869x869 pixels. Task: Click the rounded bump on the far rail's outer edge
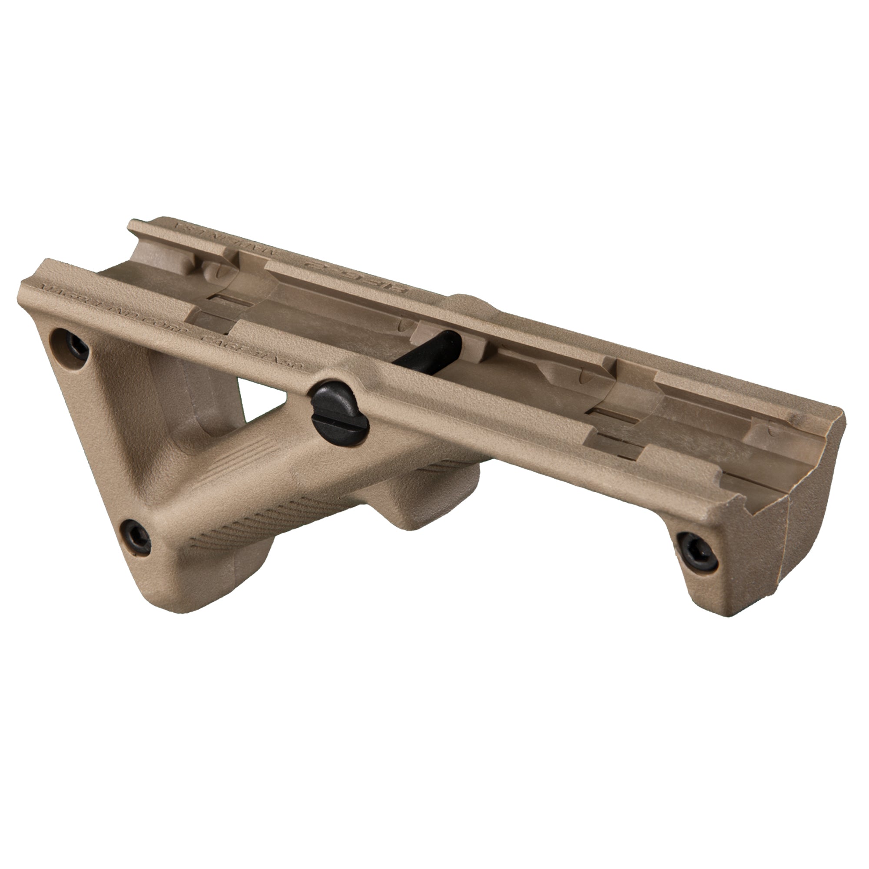coord(472,299)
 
